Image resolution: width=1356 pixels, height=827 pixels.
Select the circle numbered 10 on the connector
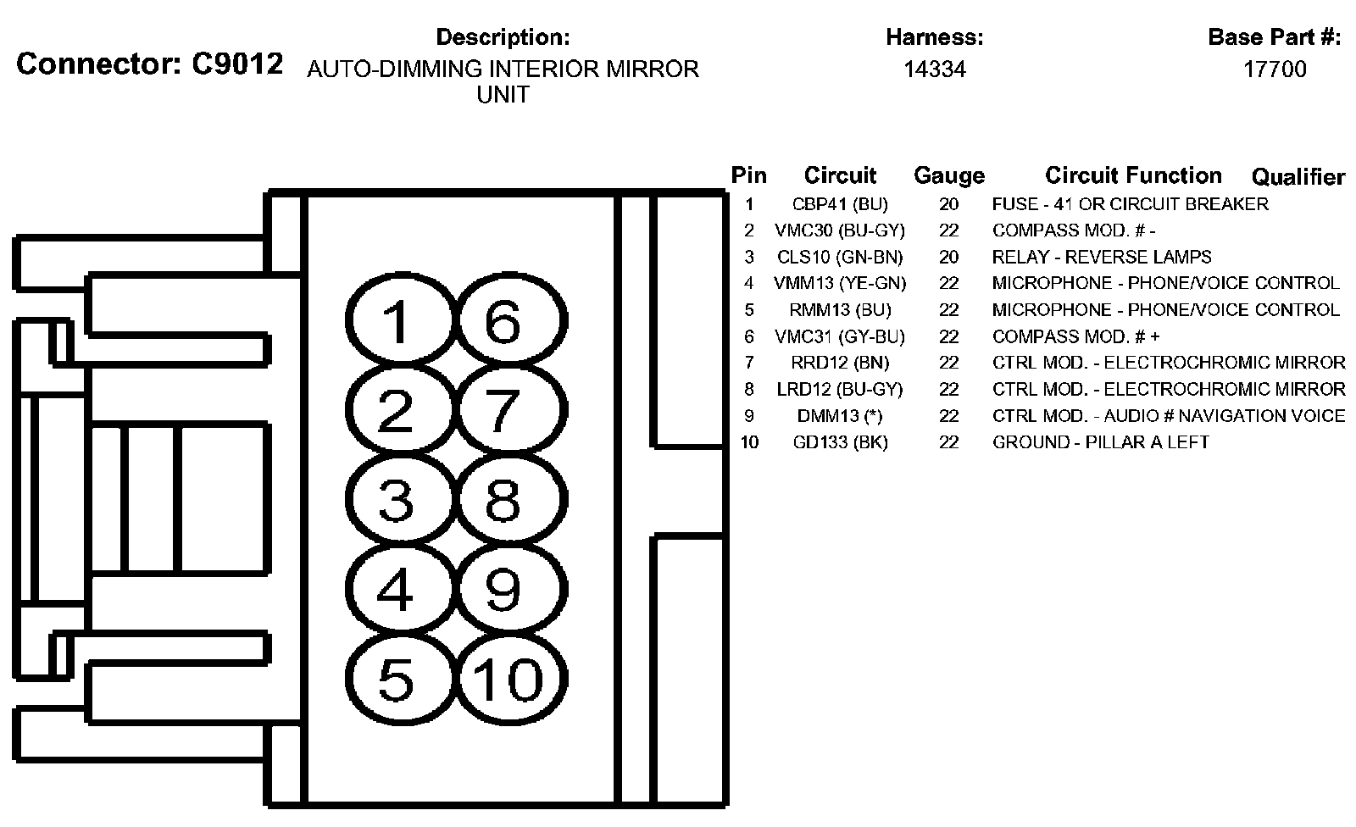(507, 679)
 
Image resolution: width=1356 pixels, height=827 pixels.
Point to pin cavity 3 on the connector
(396, 500)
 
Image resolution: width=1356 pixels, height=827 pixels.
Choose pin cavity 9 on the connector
(503, 589)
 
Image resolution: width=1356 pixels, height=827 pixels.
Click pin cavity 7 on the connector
(503, 411)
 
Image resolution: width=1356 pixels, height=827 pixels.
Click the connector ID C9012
(236, 64)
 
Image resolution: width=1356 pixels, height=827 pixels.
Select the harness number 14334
(934, 69)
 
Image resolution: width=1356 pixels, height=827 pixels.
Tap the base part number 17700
(1275, 69)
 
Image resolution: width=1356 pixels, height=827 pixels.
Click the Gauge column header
(949, 175)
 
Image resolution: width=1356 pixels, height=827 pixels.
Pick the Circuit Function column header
(1133, 175)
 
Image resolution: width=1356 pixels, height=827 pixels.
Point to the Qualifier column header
(1298, 176)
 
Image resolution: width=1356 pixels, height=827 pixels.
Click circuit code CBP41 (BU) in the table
(840, 204)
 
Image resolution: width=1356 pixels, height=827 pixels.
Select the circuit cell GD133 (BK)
(840, 442)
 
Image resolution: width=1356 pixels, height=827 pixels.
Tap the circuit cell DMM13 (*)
(840, 416)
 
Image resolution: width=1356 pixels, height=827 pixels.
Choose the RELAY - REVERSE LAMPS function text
(1102, 257)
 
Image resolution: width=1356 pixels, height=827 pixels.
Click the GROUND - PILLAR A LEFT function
(1100, 442)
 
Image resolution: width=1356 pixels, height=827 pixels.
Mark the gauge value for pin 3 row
(949, 257)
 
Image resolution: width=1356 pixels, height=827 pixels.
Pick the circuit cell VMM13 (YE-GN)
(840, 283)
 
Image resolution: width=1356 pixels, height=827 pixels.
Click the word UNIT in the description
(503, 95)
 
